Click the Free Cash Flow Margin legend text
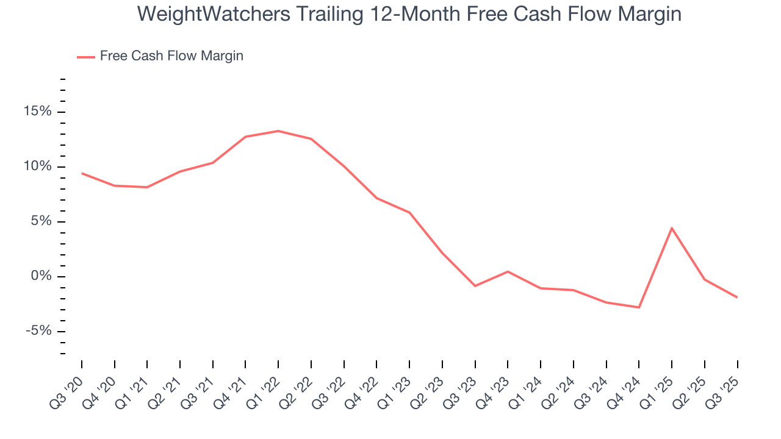click(171, 56)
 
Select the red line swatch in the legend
click(86, 57)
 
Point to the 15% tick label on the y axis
click(38, 112)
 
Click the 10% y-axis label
click(38, 166)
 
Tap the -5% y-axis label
click(38, 331)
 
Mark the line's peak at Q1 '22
click(278, 131)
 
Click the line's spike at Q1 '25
click(672, 228)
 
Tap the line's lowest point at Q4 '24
click(639, 307)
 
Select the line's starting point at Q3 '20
click(82, 173)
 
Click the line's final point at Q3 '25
click(737, 298)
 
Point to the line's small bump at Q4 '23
click(508, 271)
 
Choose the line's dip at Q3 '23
click(475, 285)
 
